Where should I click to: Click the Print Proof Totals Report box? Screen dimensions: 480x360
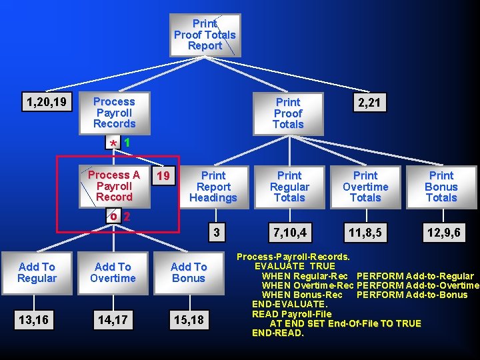point(205,35)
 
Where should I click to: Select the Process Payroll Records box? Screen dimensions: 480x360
point(114,113)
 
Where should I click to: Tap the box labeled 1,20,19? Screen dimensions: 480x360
point(46,102)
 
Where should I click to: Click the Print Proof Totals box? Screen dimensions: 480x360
point(288,113)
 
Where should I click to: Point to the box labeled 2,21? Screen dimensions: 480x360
point(369,103)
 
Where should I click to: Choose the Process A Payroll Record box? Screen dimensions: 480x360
point(114,186)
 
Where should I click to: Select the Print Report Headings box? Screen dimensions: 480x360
point(213,187)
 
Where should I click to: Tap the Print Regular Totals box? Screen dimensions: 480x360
point(289,187)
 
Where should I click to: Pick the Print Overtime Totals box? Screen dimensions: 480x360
point(365,187)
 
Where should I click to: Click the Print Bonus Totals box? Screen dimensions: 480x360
point(441,187)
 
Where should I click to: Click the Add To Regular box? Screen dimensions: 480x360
point(37,273)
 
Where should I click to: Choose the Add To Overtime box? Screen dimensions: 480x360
point(113,273)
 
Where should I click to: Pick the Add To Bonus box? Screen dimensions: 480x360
point(189,273)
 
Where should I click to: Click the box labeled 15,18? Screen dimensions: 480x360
point(189,321)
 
